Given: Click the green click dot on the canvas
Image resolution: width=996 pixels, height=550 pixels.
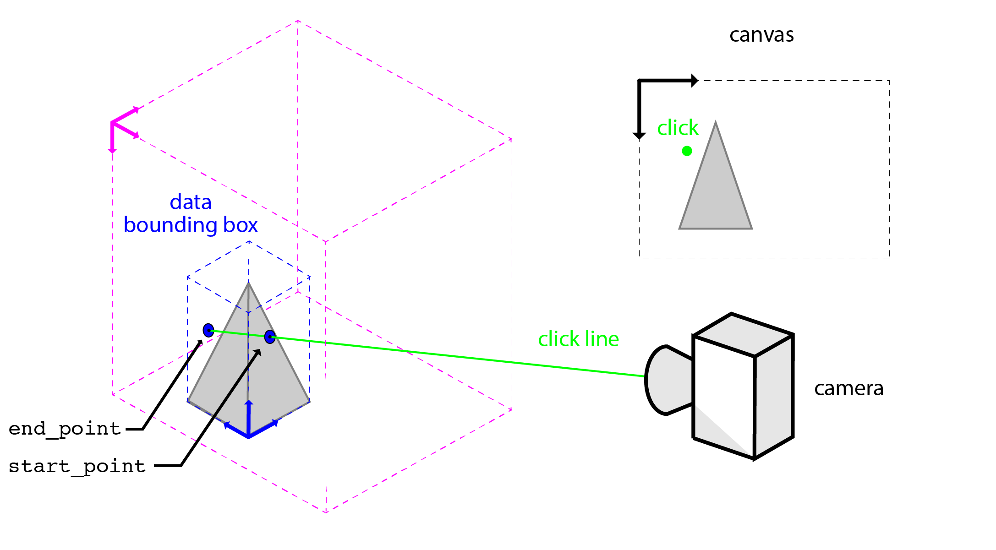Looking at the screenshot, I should pos(687,151).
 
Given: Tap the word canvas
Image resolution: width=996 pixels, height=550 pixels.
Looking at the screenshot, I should pos(761,35).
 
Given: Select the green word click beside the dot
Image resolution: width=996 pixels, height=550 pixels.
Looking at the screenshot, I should pos(678,128).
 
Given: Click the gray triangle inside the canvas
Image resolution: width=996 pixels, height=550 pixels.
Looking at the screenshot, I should pos(716,197).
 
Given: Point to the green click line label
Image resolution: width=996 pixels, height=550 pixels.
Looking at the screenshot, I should pos(578,339).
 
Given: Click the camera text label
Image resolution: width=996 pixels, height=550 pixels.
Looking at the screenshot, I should pos(848,388).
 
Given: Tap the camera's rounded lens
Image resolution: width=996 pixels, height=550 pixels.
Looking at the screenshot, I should pos(667,380).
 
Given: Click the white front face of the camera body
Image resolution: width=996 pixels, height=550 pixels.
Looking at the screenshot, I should pos(724,394).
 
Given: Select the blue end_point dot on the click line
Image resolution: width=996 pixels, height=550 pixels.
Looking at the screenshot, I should pos(208,330).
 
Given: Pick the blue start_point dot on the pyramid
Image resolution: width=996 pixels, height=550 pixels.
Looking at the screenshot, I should pos(270,337).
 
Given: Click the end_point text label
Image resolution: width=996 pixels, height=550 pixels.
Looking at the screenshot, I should pos(65,429).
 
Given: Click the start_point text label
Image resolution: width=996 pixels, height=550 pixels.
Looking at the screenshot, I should pos(77,466).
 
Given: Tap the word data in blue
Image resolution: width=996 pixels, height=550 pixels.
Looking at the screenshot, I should pos(191,202).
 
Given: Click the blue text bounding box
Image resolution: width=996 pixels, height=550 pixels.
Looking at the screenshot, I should pos(191,225).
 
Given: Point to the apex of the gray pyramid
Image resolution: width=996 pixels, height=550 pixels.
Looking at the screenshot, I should pos(248,284).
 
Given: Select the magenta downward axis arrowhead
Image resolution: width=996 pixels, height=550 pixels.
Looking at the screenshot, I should pos(112,150).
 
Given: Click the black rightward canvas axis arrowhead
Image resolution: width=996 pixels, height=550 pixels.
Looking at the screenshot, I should pos(695,81).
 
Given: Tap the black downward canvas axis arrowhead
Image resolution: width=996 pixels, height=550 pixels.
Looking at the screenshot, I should pos(639,136).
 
